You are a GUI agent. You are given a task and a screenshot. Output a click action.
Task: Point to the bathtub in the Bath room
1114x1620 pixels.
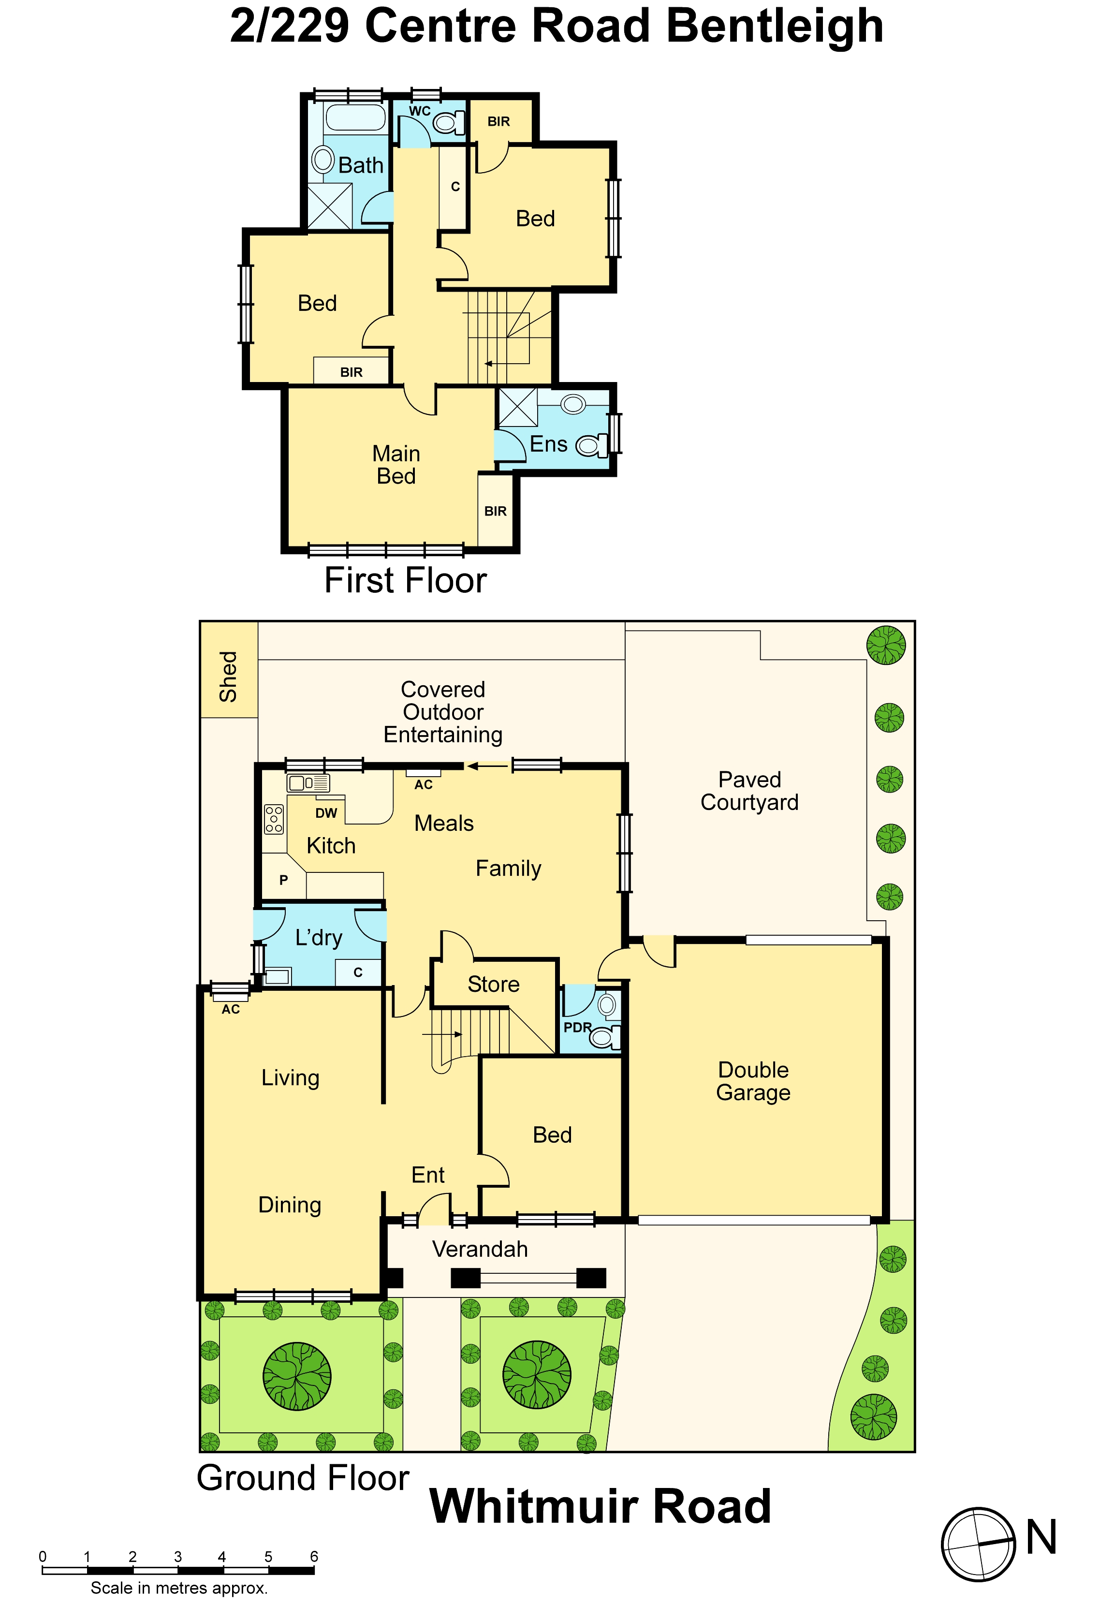[x=356, y=117]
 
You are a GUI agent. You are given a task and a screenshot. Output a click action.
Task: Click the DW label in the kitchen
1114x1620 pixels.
[x=326, y=813]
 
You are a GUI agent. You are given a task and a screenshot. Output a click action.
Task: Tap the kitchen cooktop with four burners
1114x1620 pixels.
[x=274, y=819]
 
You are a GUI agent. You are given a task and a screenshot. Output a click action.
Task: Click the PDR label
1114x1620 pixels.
[x=577, y=1028]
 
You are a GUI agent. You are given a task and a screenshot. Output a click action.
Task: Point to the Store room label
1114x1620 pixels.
[x=494, y=984]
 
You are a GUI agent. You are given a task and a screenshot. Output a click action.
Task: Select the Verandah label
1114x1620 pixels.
[x=480, y=1250]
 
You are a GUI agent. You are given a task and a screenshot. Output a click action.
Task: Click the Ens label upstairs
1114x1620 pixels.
[x=549, y=444]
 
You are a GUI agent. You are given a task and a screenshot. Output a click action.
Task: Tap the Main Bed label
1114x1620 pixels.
[x=396, y=465]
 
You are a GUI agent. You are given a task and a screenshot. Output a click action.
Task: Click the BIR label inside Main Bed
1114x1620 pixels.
[x=496, y=511]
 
